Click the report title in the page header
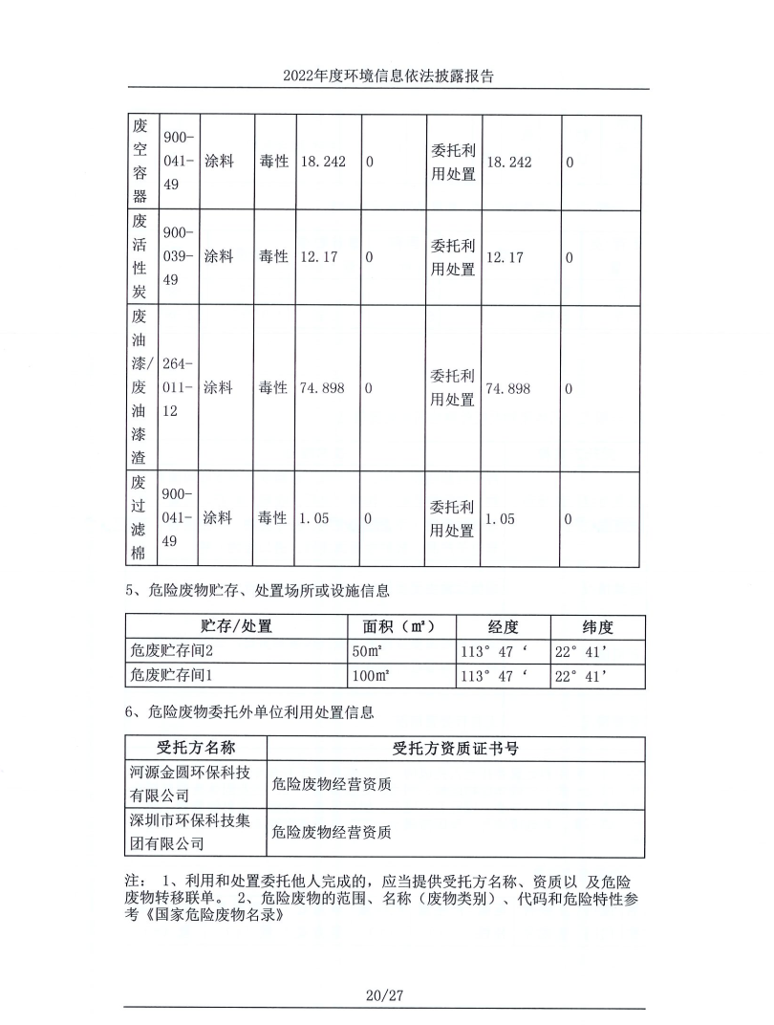(x=387, y=76)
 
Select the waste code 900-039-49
(x=178, y=256)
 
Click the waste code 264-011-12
(x=178, y=387)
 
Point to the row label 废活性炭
(x=140, y=257)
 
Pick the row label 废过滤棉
(x=140, y=518)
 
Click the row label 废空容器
(x=140, y=162)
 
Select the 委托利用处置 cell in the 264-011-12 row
(x=452, y=387)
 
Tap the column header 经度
(x=503, y=627)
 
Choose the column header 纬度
(x=597, y=627)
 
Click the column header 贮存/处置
(x=236, y=627)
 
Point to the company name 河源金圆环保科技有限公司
(x=195, y=783)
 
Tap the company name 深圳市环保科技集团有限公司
(x=195, y=831)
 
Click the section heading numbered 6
(x=249, y=711)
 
